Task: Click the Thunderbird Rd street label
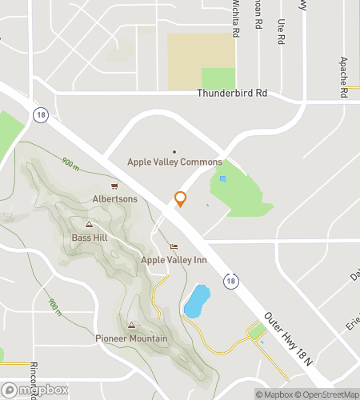click(x=232, y=94)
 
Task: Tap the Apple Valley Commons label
click(x=174, y=162)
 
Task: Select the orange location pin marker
click(x=181, y=199)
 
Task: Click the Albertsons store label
click(x=115, y=199)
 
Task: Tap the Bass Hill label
click(x=90, y=238)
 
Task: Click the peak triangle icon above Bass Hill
click(x=90, y=225)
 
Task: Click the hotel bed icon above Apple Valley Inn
click(x=174, y=246)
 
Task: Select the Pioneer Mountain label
click(x=131, y=338)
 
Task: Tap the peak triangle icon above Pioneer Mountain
click(x=131, y=326)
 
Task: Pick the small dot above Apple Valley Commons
click(x=174, y=151)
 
